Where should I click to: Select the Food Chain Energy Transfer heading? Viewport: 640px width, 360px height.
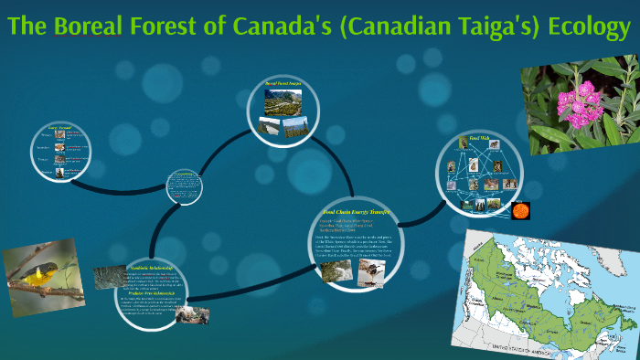[x=357, y=211]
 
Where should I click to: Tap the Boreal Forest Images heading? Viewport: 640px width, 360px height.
[x=283, y=84]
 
